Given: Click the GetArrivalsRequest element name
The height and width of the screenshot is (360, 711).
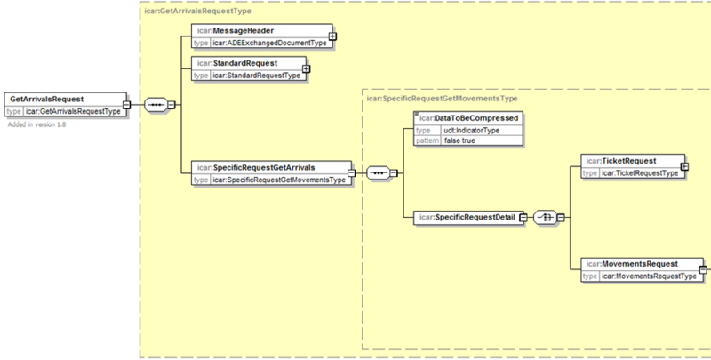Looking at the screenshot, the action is pos(47,100).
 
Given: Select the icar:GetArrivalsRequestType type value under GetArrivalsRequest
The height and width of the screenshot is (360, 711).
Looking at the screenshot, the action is pos(74,111).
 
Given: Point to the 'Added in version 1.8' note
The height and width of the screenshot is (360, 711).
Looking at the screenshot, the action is pos(36,124).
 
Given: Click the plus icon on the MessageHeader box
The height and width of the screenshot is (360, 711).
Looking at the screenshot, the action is pos(332,36).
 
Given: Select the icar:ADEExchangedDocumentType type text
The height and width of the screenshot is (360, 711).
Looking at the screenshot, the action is pos(269,43).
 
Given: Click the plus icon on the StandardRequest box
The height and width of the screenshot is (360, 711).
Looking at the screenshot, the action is pos(306,69).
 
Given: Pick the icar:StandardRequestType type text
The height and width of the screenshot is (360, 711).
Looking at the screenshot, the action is pos(256,76).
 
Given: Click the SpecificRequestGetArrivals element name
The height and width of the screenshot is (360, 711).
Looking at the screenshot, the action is pos(264,167).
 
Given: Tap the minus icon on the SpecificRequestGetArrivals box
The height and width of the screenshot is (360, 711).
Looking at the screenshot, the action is pos(351,172).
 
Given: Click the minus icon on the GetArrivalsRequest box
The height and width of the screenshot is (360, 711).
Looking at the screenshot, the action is pos(126,105).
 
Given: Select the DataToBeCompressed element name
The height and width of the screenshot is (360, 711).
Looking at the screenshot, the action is pos(476,118).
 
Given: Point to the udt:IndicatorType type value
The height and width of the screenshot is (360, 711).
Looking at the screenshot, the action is pos(472,131).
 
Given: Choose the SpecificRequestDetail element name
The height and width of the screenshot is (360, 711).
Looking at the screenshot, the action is pos(475,218).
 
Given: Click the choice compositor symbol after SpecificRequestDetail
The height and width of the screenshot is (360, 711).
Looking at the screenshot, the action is pos(545,218).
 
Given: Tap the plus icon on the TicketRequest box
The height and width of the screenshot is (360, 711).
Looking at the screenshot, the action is pos(684,166).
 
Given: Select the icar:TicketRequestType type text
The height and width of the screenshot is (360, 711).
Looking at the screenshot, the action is pos(639,173).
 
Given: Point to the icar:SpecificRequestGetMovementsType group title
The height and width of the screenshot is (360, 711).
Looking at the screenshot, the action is pos(442,99).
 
